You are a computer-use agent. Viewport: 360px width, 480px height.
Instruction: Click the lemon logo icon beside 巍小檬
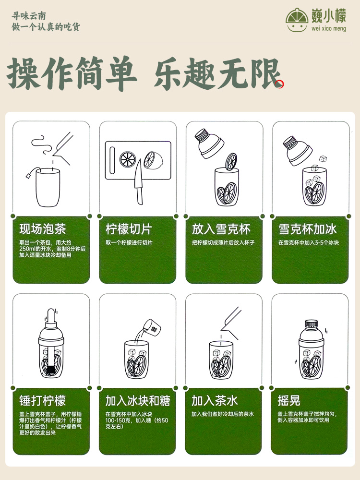coord(297,20)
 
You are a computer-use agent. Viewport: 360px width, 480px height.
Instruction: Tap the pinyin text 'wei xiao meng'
coord(328,28)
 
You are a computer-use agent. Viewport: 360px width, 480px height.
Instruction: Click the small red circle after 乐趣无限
coord(280,84)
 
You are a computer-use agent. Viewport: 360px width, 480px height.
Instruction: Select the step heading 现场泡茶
coord(43,229)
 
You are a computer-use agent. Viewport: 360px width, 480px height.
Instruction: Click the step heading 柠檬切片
coord(129,229)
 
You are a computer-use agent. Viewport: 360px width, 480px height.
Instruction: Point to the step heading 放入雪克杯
coord(221,229)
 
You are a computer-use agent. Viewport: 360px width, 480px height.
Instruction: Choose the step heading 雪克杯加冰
coord(307,229)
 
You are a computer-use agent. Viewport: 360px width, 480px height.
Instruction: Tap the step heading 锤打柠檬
coord(43,400)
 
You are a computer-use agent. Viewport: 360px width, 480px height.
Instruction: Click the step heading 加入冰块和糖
coord(138,400)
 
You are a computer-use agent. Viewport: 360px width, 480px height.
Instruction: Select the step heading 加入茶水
coord(215,400)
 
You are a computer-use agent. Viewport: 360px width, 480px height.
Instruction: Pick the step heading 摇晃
coord(289,400)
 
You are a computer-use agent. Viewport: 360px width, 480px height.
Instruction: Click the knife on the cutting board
coord(139,181)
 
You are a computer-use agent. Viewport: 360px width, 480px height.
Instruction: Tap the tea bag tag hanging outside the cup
coord(28,176)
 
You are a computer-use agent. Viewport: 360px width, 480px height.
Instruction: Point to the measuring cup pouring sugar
coord(152,327)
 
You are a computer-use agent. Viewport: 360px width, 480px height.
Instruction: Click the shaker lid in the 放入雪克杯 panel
coord(209,143)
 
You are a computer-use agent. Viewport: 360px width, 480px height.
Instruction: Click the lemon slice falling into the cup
coord(231,162)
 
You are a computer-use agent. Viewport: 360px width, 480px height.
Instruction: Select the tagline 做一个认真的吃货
coord(46,27)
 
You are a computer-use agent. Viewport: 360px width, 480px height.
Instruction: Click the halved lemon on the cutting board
coord(154,160)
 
